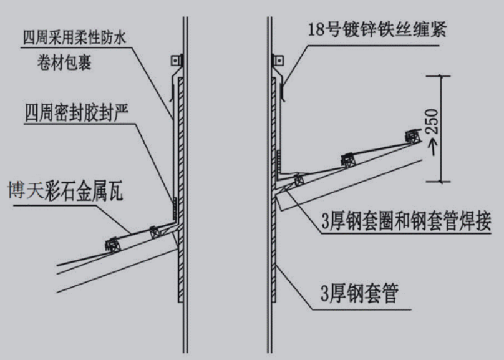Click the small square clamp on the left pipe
pyautogui.click(x=175, y=61)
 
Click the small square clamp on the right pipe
pyautogui.click(x=278, y=61)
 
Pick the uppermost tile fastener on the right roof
pyautogui.click(x=412, y=136)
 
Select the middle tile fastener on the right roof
pyautogui.click(x=348, y=160)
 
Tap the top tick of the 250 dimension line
pyautogui.click(x=442, y=75)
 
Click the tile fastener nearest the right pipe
pyautogui.click(x=298, y=180)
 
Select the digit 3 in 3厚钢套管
pyautogui.click(x=326, y=293)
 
